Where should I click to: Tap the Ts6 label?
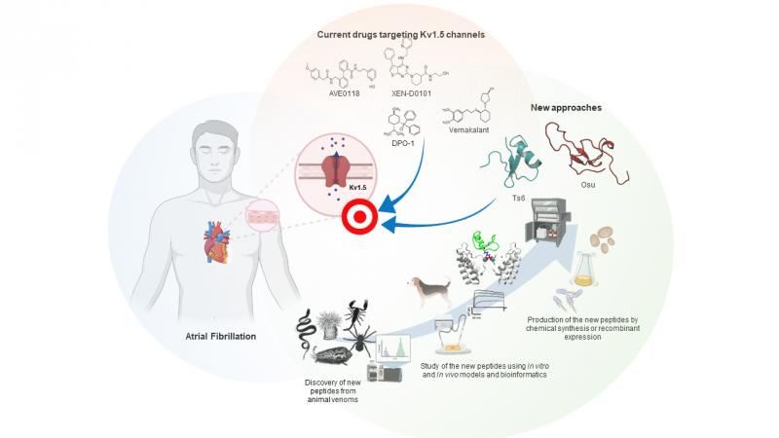pyautogui.click(x=516, y=198)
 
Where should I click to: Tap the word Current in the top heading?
pyautogui.click(x=336, y=35)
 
